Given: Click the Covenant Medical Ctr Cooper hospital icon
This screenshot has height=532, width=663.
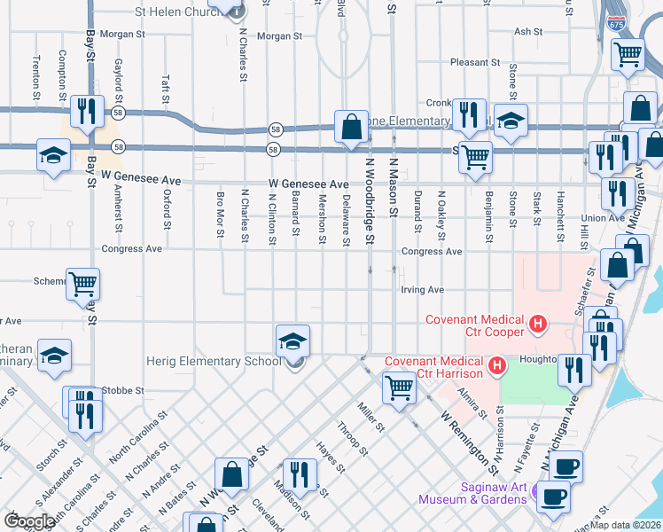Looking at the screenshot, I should tap(536, 325).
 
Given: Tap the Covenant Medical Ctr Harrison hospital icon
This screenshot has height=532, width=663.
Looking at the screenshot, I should tap(497, 364).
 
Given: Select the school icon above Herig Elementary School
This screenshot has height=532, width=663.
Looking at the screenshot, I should tap(292, 341).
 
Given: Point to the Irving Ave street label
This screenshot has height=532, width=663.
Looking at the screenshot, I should tap(422, 290).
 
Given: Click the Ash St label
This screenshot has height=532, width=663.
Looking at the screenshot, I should tap(528, 31).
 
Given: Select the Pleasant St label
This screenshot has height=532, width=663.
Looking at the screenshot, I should tap(475, 63).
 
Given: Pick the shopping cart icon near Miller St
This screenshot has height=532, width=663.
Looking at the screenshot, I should tap(399, 387).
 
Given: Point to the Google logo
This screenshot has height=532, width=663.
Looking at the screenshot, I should tap(30, 520).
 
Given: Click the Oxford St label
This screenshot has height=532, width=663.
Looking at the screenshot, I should tap(167, 210).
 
